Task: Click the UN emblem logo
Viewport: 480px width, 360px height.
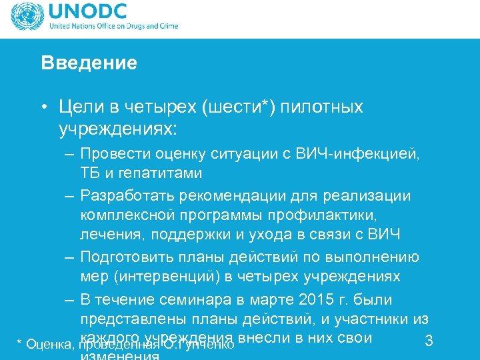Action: point(25,19)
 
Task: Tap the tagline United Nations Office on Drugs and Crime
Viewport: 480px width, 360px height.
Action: point(113,27)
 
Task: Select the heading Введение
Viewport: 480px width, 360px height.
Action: point(89,63)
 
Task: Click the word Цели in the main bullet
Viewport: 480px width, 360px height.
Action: point(78,107)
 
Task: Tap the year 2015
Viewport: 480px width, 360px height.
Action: point(319,299)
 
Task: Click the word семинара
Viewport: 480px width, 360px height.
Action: point(194,299)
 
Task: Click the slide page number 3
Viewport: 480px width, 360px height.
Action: point(429,341)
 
